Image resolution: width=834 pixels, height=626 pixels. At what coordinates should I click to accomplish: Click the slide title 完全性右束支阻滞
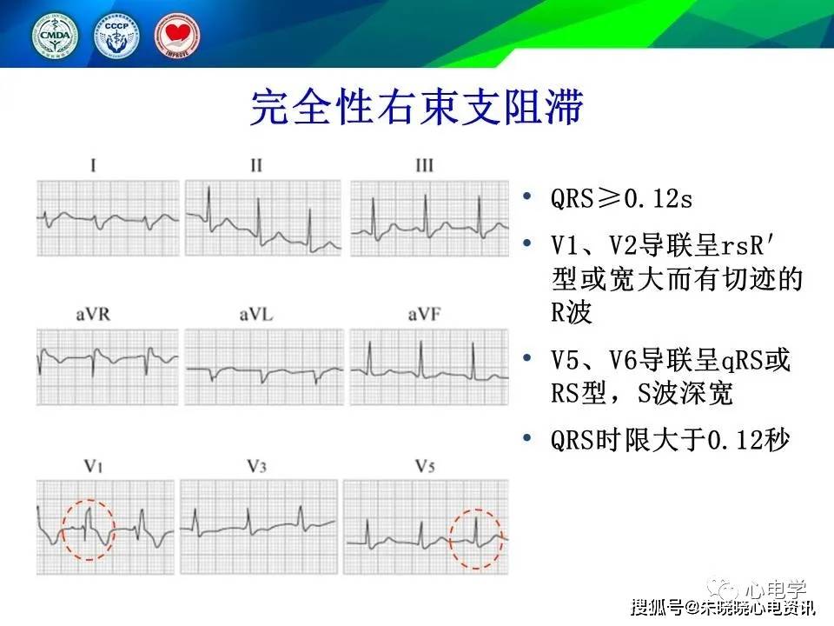point(416,108)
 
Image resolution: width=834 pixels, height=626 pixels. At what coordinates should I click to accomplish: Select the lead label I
point(94,165)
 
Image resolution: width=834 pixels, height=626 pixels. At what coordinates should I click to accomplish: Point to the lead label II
point(256,165)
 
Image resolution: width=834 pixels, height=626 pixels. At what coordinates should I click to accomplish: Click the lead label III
point(423,165)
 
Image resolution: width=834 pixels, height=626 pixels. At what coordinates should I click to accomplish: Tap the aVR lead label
point(94,315)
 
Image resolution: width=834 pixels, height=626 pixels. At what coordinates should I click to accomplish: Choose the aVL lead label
point(256,315)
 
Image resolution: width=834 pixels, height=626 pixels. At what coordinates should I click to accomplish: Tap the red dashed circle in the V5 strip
point(476,538)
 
